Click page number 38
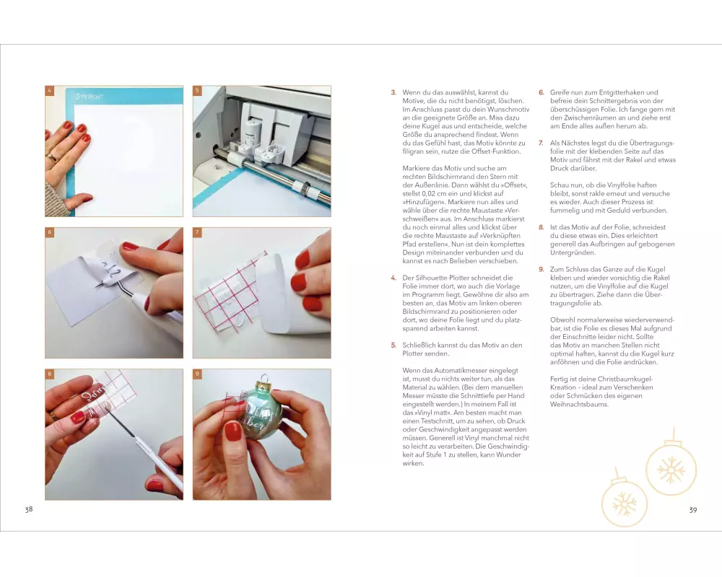[x=29, y=509]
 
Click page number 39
[x=693, y=510]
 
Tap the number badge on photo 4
[x=49, y=91]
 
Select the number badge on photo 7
[x=197, y=232]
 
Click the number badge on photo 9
[x=197, y=374]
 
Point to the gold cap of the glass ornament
[x=264, y=382]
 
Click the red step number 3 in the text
[x=393, y=92]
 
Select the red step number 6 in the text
[x=541, y=92]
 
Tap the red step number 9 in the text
[x=541, y=269]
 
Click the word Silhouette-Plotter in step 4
[x=441, y=278]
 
